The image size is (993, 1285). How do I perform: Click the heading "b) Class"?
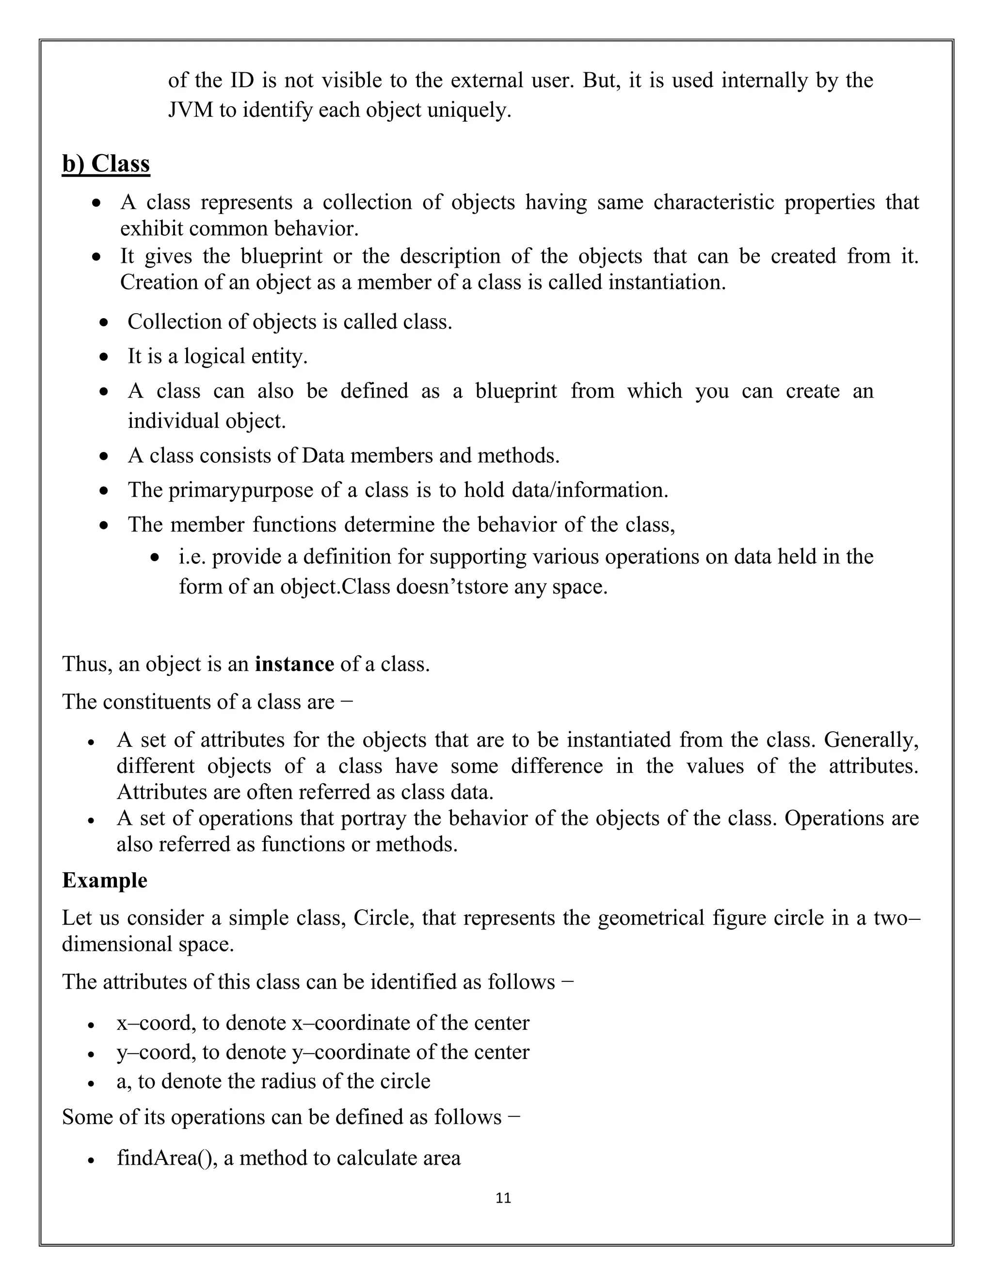click(106, 163)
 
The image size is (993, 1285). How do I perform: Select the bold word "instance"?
click(294, 664)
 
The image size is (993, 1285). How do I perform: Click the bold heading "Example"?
click(105, 880)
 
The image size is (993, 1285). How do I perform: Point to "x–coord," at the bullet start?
click(156, 1023)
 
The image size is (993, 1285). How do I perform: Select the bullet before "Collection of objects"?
click(104, 322)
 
